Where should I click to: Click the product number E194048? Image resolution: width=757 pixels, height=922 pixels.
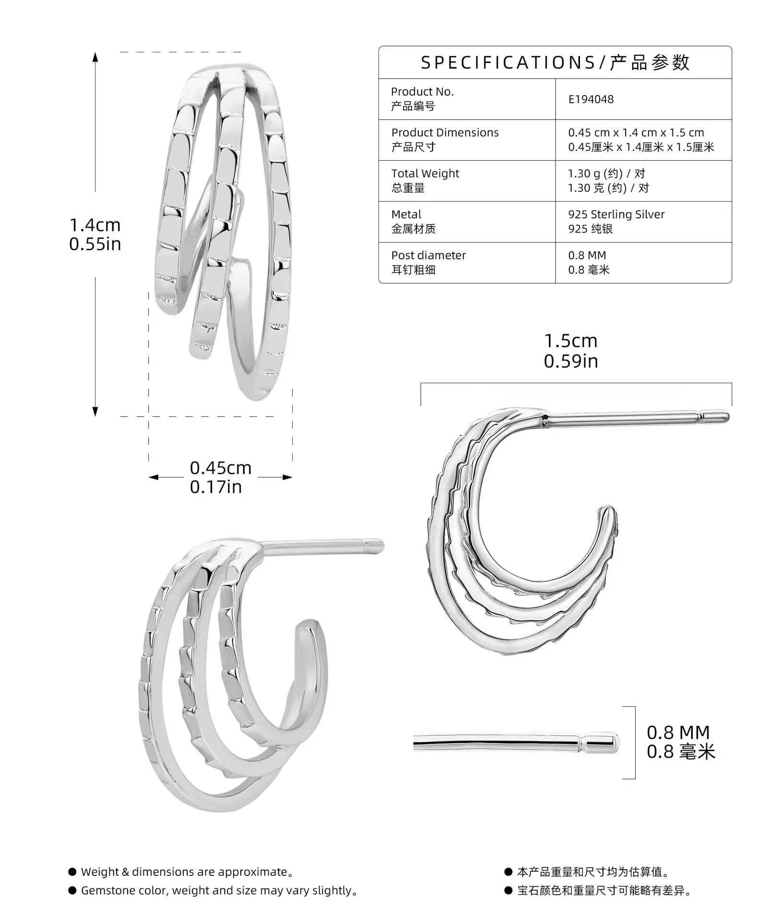coord(591,99)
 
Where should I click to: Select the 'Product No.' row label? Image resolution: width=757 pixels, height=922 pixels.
coord(422,92)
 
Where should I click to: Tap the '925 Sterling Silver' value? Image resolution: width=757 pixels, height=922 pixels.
coord(616,215)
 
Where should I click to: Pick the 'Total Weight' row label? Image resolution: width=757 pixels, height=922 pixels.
coord(425,173)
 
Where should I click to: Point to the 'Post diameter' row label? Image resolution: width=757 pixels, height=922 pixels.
coord(428,255)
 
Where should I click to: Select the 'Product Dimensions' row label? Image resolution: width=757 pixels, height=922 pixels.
coord(445,133)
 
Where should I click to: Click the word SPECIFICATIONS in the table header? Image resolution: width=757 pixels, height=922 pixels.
coord(508,63)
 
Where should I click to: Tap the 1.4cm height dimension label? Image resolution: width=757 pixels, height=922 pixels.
coord(95,225)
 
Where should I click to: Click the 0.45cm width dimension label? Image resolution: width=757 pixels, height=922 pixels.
coord(221,468)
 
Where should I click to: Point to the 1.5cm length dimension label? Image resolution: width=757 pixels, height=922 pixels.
coord(571,341)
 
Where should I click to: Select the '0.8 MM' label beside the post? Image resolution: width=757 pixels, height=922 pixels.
coord(678,732)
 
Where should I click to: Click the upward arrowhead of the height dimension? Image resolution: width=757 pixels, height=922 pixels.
coord(95,57)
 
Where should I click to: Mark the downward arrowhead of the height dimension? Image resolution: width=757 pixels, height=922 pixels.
coord(95,412)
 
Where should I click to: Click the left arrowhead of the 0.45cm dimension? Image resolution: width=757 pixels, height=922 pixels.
coord(154,477)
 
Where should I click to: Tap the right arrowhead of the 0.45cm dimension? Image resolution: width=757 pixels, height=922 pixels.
coord(287,477)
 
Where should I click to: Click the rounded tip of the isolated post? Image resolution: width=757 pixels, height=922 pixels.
coord(615,744)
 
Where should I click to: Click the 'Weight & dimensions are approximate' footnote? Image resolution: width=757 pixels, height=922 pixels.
coord(188,872)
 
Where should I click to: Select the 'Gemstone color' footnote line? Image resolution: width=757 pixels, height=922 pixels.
coord(220,891)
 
